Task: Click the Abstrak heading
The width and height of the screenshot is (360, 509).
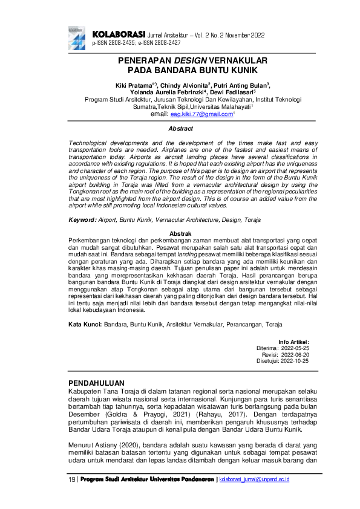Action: tap(180, 233)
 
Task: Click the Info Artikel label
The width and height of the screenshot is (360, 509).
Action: tap(293, 342)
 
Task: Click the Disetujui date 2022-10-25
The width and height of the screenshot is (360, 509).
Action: tap(294, 360)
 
